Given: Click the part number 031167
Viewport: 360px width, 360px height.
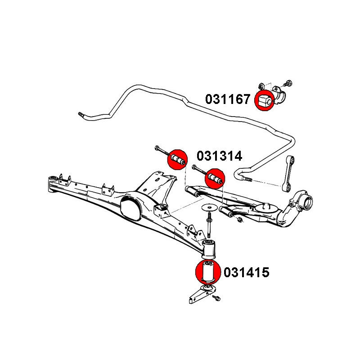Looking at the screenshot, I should [228, 99].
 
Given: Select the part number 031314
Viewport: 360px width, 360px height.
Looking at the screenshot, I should [219, 156].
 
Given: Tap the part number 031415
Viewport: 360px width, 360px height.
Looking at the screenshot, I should [246, 272].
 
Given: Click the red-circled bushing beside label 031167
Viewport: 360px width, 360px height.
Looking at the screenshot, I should [264, 100].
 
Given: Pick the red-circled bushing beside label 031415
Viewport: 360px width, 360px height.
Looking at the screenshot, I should [207, 271].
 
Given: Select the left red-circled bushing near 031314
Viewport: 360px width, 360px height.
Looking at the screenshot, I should [177, 160].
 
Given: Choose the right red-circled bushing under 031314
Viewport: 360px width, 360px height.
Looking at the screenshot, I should [214, 179].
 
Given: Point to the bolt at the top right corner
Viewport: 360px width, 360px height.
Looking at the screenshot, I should [288, 83].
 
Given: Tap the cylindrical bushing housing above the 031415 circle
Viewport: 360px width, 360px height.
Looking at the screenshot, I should [209, 249].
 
